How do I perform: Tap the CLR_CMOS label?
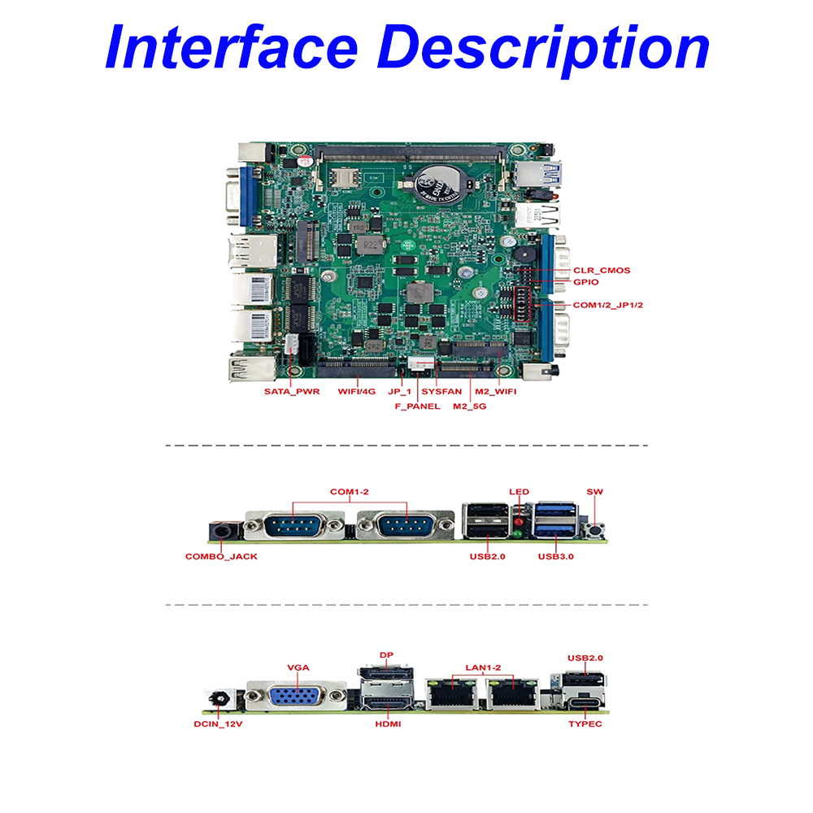point(602,271)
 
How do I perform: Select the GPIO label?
point(586,282)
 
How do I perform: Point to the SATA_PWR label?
point(292,391)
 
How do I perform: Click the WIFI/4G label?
point(357,391)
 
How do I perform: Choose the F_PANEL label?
point(417,406)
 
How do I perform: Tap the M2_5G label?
point(470,406)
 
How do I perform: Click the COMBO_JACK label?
point(221,557)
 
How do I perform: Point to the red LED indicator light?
point(518,520)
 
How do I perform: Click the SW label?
point(594,492)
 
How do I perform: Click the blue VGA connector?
point(297,698)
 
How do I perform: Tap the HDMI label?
point(388,723)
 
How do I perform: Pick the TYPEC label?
point(585,723)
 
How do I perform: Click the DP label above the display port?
point(386,654)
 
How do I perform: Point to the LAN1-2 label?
point(483,667)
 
